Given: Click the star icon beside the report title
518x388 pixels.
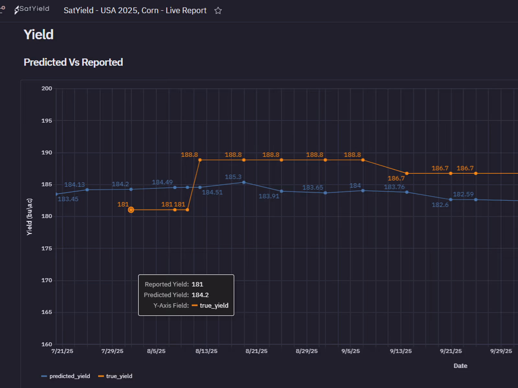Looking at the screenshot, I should tap(218, 11).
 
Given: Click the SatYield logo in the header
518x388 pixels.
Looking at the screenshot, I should tap(32, 9).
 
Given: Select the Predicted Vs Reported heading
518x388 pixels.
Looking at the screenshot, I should tap(73, 62).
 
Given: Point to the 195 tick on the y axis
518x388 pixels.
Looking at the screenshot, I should tap(47, 121).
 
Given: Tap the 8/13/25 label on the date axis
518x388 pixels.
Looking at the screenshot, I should tap(206, 351).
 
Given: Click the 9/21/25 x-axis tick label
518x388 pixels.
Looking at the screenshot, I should tap(451, 351).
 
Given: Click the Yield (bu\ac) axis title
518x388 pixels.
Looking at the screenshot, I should tap(29, 217).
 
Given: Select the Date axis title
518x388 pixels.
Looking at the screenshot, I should tap(460, 366).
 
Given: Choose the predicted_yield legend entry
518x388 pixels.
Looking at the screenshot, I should tap(66, 376).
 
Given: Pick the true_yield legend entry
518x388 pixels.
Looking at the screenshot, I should tap(116, 376).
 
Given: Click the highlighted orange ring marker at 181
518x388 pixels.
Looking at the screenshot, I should tap(131, 210).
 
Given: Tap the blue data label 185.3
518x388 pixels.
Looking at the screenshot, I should tap(233, 177).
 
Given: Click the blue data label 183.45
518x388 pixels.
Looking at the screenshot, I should tap(68, 199).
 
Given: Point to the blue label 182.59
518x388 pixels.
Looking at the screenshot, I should tap(463, 194).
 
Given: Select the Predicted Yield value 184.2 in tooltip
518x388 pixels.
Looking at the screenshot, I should tap(200, 295).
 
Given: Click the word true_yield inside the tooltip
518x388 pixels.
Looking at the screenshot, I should tap(214, 306).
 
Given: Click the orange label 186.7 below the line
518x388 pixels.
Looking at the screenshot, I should tap(396, 178).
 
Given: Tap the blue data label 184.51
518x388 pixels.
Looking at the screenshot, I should tap(212, 192).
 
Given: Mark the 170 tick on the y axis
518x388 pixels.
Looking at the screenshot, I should tap(47, 280).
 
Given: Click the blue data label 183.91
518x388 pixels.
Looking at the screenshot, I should tap(269, 196).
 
